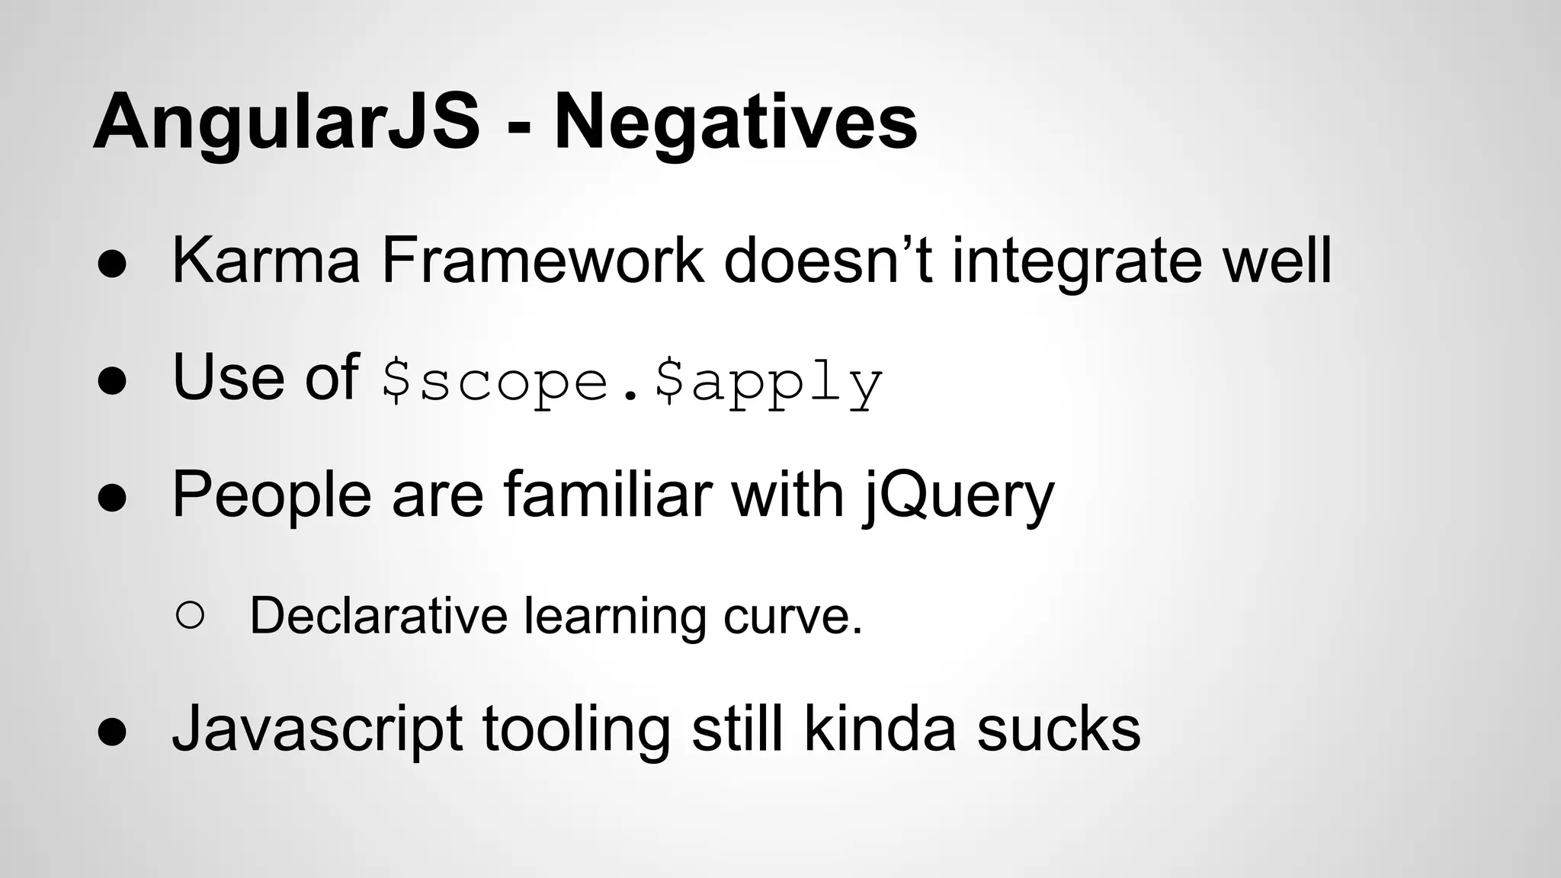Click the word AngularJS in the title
point(286,122)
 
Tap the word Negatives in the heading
point(736,122)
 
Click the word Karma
point(266,261)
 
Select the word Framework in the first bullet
point(543,261)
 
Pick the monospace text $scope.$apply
point(632,381)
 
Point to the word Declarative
point(378,615)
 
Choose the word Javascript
point(316,730)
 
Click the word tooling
point(576,730)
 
